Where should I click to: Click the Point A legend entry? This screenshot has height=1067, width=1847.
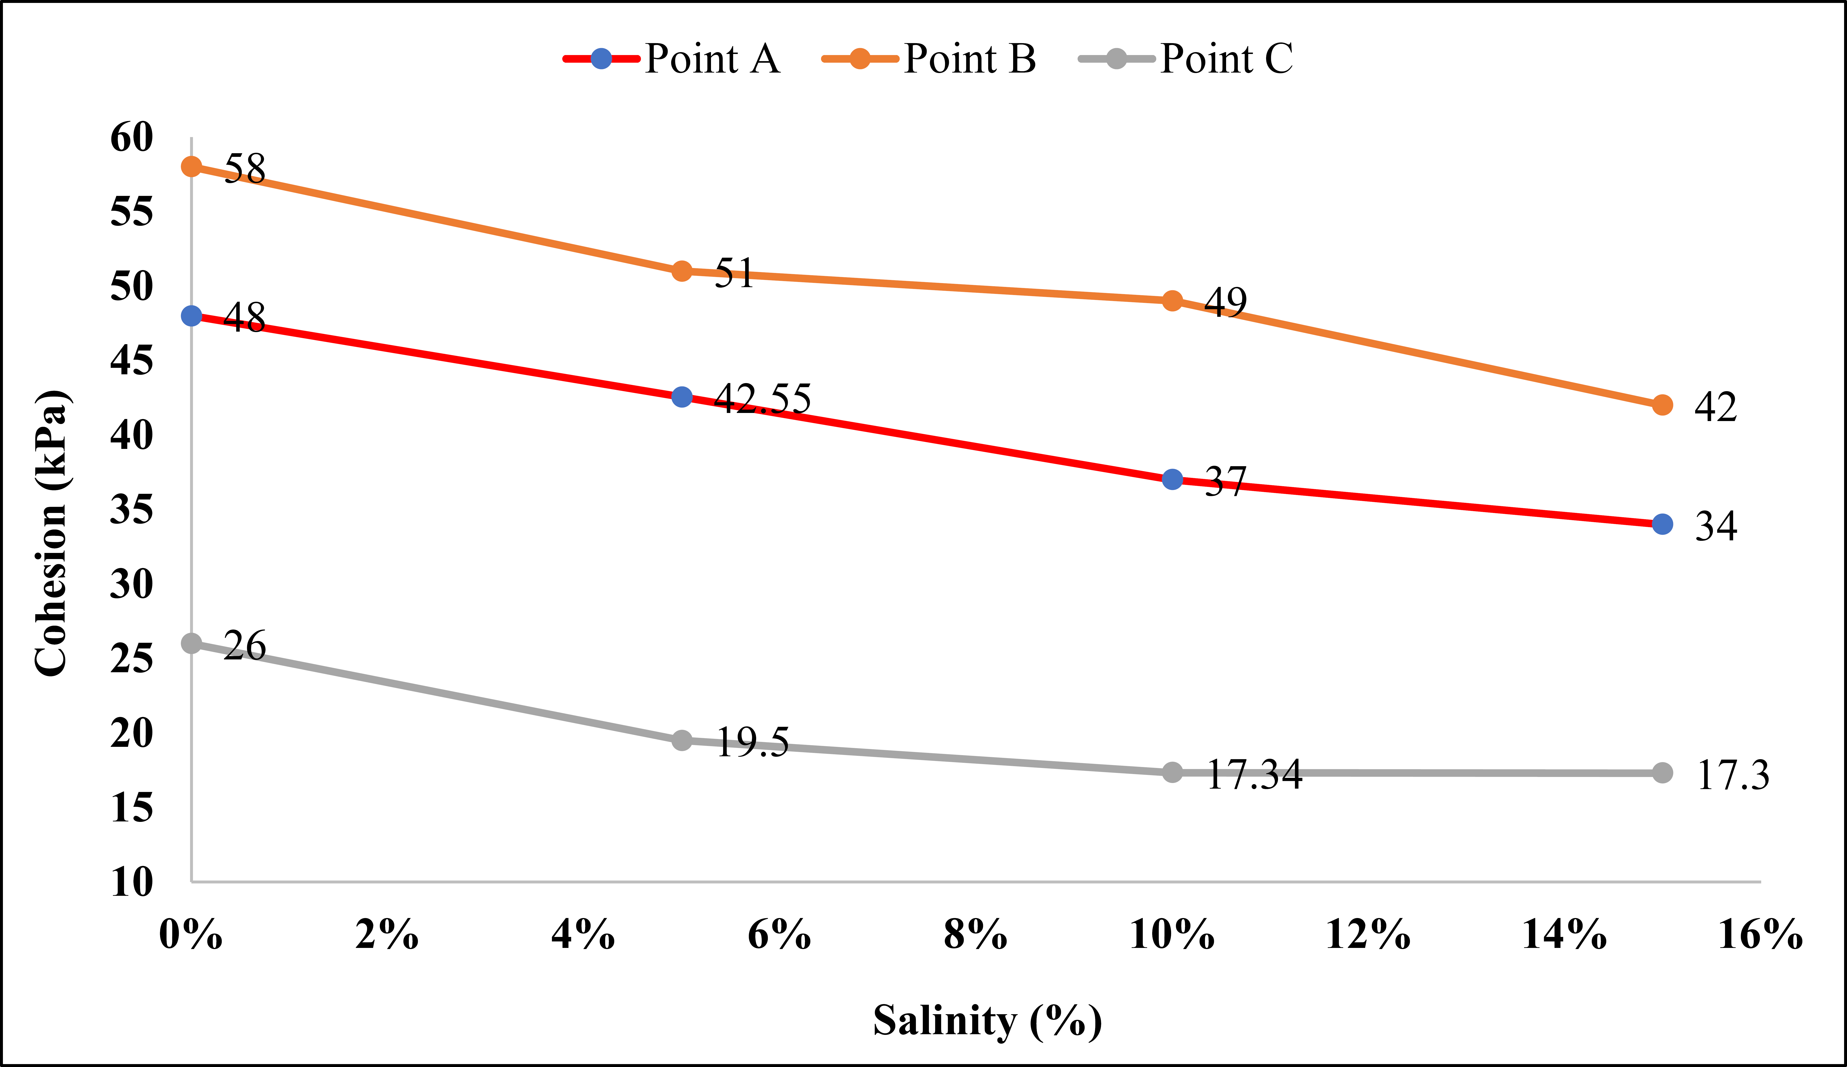(671, 59)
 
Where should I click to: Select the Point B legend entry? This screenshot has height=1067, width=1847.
(929, 59)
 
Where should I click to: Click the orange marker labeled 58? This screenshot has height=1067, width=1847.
(191, 167)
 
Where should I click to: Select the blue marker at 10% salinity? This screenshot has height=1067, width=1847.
(1172, 479)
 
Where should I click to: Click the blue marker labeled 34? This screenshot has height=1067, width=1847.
(1662, 524)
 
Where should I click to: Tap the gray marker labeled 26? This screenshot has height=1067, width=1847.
(191, 643)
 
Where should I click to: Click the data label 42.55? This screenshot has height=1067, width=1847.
(763, 399)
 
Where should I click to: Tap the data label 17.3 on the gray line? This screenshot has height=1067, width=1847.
(1733, 775)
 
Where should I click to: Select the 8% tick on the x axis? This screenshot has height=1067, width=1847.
(976, 935)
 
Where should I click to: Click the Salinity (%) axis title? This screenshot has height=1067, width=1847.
(988, 1021)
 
